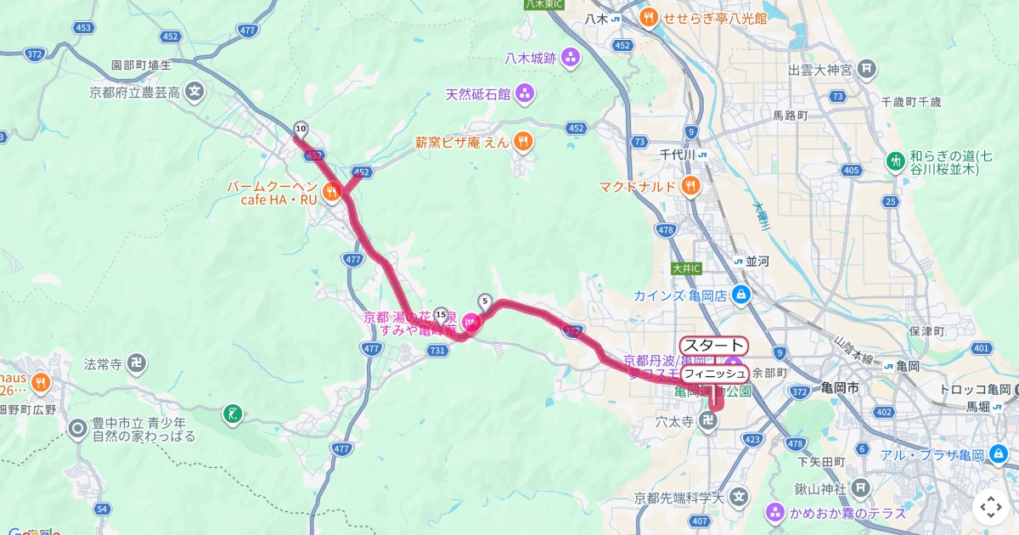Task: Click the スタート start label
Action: pos(713,346)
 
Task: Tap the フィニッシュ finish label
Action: pos(714,374)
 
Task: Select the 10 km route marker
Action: pos(301,129)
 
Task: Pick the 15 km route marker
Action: pos(441,314)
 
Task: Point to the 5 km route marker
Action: pos(485,301)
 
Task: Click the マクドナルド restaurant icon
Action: pos(692,186)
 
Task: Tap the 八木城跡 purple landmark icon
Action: pos(571,58)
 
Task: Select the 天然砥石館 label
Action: pos(479,93)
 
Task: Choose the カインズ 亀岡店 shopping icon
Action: pos(741,296)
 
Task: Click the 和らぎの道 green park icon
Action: pos(896,160)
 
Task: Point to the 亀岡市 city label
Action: pos(841,387)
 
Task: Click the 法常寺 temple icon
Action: pos(135,364)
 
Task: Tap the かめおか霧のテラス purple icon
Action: pos(774,513)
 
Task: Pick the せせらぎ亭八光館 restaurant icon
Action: pos(648,16)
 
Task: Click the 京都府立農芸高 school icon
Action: pos(196,92)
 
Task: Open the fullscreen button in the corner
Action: pos(990,507)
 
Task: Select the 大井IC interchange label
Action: pos(686,268)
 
